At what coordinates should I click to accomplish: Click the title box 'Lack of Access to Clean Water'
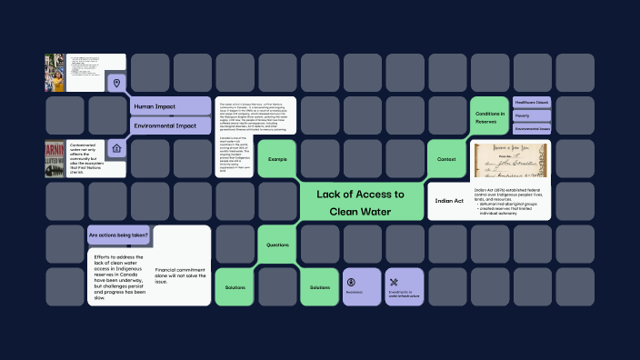coord(361,203)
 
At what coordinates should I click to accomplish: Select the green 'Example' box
coord(276,159)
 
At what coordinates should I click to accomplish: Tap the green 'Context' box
coord(446,159)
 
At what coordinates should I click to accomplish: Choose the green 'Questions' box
coord(276,245)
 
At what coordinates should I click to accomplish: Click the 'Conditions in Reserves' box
coord(489,116)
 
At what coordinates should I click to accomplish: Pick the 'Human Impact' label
coord(168,106)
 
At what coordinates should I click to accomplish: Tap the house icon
coord(115,148)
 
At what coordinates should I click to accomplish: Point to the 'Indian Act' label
coord(449,201)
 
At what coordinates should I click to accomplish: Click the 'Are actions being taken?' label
coord(119,235)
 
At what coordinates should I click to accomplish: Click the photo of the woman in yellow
coord(56,74)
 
